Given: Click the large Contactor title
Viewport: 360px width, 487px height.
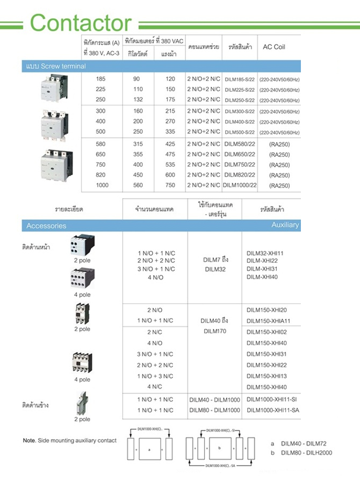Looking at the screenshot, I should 81,23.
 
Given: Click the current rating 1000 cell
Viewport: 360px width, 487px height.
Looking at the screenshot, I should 102,185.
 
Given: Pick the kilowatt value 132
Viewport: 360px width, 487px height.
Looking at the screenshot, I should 138,100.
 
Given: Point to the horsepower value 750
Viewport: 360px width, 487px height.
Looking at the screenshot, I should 170,185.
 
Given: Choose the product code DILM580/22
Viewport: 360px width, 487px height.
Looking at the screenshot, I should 240,144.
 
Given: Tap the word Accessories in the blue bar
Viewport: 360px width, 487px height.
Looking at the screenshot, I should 46,226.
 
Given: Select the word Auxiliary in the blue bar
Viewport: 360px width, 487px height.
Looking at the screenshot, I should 285,225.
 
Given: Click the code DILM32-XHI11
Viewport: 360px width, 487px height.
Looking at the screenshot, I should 265,253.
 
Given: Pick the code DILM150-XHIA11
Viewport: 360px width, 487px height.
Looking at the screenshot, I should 267,321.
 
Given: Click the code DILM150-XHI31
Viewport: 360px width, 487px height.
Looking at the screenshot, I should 267,354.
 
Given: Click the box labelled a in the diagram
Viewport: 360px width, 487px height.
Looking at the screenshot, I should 149,448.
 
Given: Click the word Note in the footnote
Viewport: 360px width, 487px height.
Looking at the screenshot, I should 29,441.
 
